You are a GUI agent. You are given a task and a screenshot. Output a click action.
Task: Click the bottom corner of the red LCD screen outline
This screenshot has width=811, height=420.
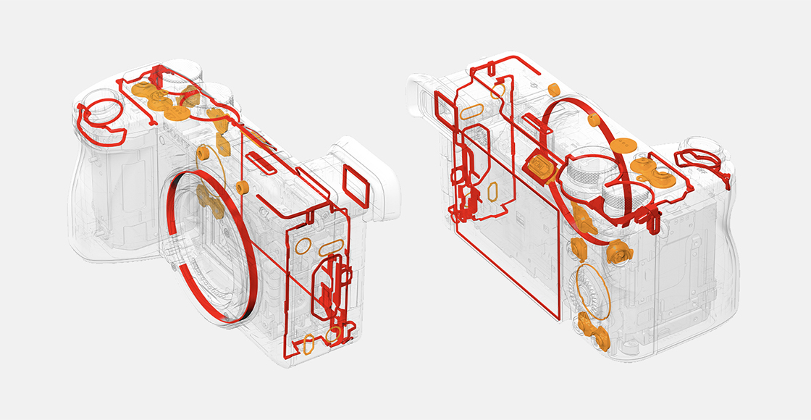pyautogui.click(x=560, y=317)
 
